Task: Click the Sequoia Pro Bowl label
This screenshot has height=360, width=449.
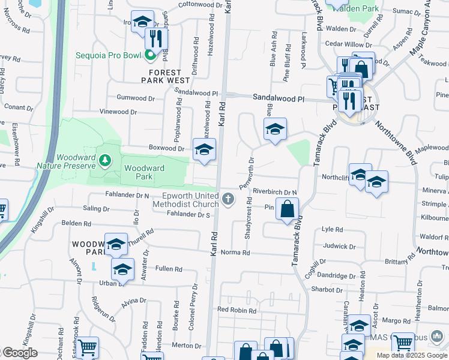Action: point(108,56)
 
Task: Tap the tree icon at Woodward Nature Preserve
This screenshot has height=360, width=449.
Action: point(106,160)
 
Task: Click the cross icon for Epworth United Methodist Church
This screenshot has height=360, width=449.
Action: point(228,199)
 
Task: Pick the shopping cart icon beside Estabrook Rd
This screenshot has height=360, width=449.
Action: point(88,347)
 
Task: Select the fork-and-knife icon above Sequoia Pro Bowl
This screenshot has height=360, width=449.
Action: point(155,38)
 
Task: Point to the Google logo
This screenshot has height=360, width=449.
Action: point(19,353)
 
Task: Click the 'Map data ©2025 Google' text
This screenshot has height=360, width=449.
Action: point(412,355)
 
